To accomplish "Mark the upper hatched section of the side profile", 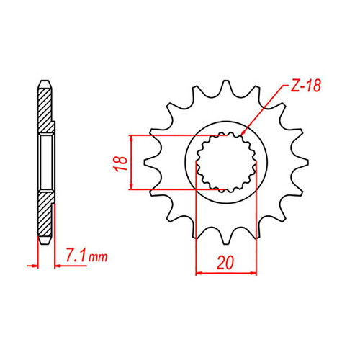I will coord(45,108).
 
